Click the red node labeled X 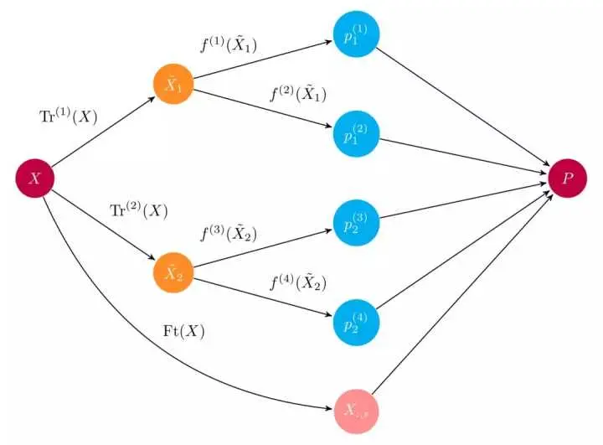(35, 178)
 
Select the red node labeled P (568, 178)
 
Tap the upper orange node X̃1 (173, 84)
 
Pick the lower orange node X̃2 (173, 272)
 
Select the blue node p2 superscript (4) (355, 319)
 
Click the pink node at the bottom (355, 411)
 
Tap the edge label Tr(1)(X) (70, 117)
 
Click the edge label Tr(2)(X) (139, 211)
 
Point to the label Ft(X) (183, 330)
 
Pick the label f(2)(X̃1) (296, 93)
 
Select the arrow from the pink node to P (461, 297)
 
